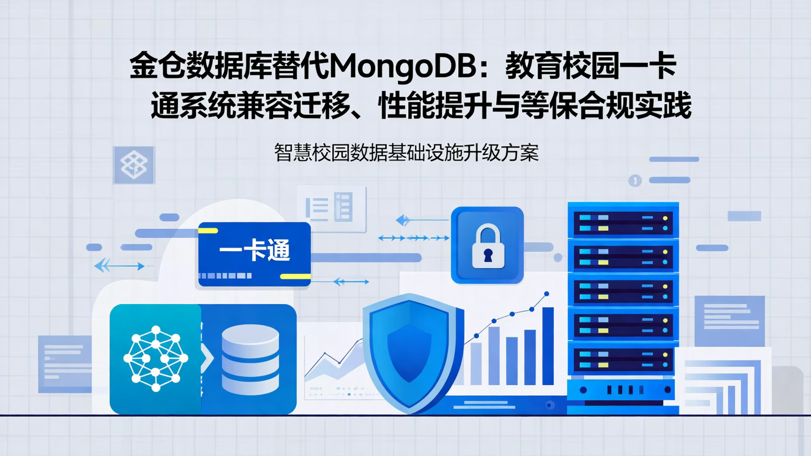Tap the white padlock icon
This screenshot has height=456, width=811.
[488, 246]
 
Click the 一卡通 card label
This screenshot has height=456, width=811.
[255, 251]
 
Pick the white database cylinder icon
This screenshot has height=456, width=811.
[250, 359]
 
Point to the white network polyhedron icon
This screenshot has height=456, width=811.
[155, 359]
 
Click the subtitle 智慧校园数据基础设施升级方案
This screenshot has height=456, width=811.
[406, 153]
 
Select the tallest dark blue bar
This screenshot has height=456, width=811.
[547, 346]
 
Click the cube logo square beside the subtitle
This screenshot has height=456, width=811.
[134, 165]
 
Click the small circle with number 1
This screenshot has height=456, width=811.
[635, 180]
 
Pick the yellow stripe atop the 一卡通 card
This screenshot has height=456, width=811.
[208, 230]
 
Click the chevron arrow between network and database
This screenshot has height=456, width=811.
[207, 358]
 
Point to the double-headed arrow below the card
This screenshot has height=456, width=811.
[351, 281]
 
